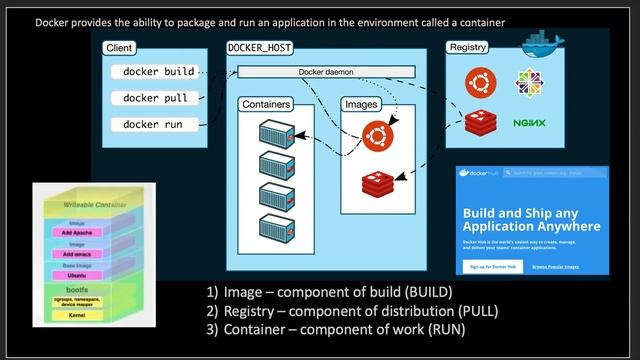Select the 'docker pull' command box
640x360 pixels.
pyautogui.click(x=154, y=98)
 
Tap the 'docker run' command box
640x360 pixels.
pyautogui.click(x=154, y=124)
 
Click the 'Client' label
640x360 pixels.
pyautogui.click(x=121, y=48)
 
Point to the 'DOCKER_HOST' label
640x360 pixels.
pyautogui.click(x=255, y=48)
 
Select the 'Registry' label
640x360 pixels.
pyautogui.click(x=468, y=48)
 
